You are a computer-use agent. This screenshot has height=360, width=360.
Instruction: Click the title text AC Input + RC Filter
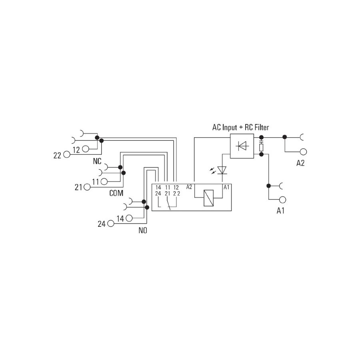(240, 128)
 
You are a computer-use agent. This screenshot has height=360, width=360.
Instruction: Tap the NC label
(97, 161)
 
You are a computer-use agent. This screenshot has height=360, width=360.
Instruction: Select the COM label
(116, 193)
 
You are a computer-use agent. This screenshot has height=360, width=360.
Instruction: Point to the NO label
(143, 230)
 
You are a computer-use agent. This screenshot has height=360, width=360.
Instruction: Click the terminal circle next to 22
(66, 154)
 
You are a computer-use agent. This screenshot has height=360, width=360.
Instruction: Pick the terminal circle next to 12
(86, 149)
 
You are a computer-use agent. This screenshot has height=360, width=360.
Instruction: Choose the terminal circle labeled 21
(87, 187)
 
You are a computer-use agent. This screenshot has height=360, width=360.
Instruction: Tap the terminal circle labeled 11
(104, 182)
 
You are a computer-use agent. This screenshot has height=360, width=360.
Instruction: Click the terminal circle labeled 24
(111, 223)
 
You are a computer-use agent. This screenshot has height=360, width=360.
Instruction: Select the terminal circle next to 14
(129, 218)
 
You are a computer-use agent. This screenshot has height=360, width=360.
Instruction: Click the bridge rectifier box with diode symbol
(242, 146)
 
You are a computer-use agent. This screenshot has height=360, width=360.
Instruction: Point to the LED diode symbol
(222, 170)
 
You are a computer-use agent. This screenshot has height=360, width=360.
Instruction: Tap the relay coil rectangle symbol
(208, 198)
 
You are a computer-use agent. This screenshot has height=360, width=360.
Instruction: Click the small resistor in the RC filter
(261, 147)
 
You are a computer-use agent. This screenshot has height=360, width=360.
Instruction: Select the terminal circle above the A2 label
(303, 152)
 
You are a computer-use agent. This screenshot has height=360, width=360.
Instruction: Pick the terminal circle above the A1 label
(282, 200)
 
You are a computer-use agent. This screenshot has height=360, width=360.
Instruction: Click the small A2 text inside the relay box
(189, 187)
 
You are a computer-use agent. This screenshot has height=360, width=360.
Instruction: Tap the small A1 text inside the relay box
(226, 187)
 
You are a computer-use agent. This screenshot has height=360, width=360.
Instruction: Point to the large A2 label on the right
(300, 163)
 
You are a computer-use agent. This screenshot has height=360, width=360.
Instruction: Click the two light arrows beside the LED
(213, 170)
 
